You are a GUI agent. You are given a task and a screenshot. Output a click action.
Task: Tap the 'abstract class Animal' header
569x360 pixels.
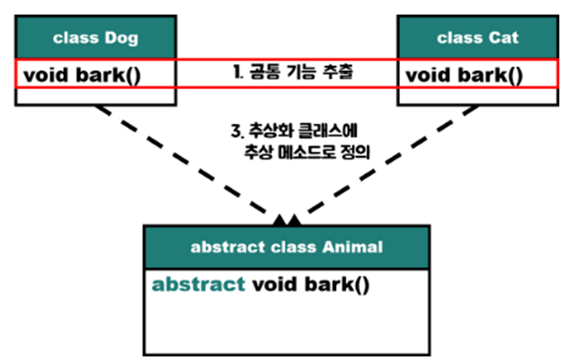(286, 248)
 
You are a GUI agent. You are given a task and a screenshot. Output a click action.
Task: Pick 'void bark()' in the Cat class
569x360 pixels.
(465, 76)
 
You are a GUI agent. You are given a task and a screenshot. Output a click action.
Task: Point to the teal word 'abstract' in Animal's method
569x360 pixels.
(198, 284)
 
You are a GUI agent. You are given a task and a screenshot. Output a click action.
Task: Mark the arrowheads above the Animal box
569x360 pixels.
(287, 217)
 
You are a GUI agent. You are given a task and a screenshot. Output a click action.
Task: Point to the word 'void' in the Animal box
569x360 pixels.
(272, 284)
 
